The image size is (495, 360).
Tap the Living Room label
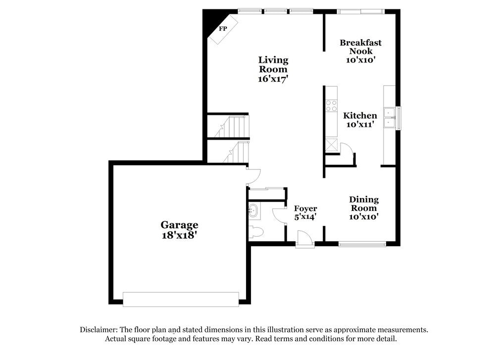273,64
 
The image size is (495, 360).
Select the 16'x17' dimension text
273,78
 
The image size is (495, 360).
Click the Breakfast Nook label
360,47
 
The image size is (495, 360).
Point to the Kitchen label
360,115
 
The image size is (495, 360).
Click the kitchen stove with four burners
331,105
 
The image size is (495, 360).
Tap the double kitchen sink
390,117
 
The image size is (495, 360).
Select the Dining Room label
364,204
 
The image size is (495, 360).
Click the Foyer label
305,208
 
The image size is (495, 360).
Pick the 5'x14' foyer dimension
305,216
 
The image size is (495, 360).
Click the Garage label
179,225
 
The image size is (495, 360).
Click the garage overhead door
181,299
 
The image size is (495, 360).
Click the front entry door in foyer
305,241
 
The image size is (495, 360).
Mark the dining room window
362,244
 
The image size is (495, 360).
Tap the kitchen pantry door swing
346,149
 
